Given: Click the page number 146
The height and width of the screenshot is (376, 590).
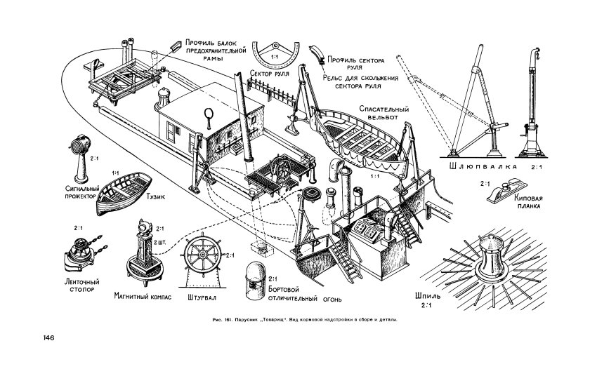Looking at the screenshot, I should pyautogui.click(x=48, y=337).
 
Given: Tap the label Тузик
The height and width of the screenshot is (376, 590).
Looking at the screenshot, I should pyautogui.click(x=155, y=196).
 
